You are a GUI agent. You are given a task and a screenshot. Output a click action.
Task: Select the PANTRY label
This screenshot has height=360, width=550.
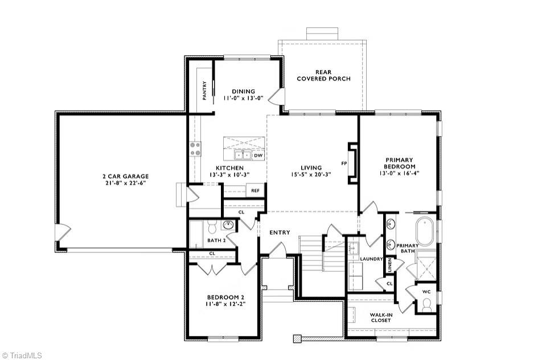pos(204,90)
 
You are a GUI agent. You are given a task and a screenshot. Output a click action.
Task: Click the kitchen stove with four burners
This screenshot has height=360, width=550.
pos(195,149)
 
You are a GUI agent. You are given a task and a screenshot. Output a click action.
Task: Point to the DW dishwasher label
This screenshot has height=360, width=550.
pos(258,155)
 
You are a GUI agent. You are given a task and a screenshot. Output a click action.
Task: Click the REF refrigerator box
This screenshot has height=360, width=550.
pos(256,190)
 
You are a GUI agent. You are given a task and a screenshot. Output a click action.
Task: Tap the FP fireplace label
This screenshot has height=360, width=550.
pos(344,163)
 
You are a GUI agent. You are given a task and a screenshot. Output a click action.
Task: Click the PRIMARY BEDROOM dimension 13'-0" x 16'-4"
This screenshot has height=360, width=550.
pos(399,173)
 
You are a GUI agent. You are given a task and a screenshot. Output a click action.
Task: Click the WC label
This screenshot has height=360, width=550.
pos(426,292)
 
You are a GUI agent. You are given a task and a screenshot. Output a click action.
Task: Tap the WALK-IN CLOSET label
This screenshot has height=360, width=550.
pos(380,317)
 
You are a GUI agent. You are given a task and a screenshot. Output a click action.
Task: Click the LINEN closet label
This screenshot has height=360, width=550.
pos(390,264)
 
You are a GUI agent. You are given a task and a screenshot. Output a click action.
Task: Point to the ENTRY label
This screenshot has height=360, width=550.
pos(280,232)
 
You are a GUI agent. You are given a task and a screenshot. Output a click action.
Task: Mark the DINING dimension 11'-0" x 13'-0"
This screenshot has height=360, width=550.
pos(243,99)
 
